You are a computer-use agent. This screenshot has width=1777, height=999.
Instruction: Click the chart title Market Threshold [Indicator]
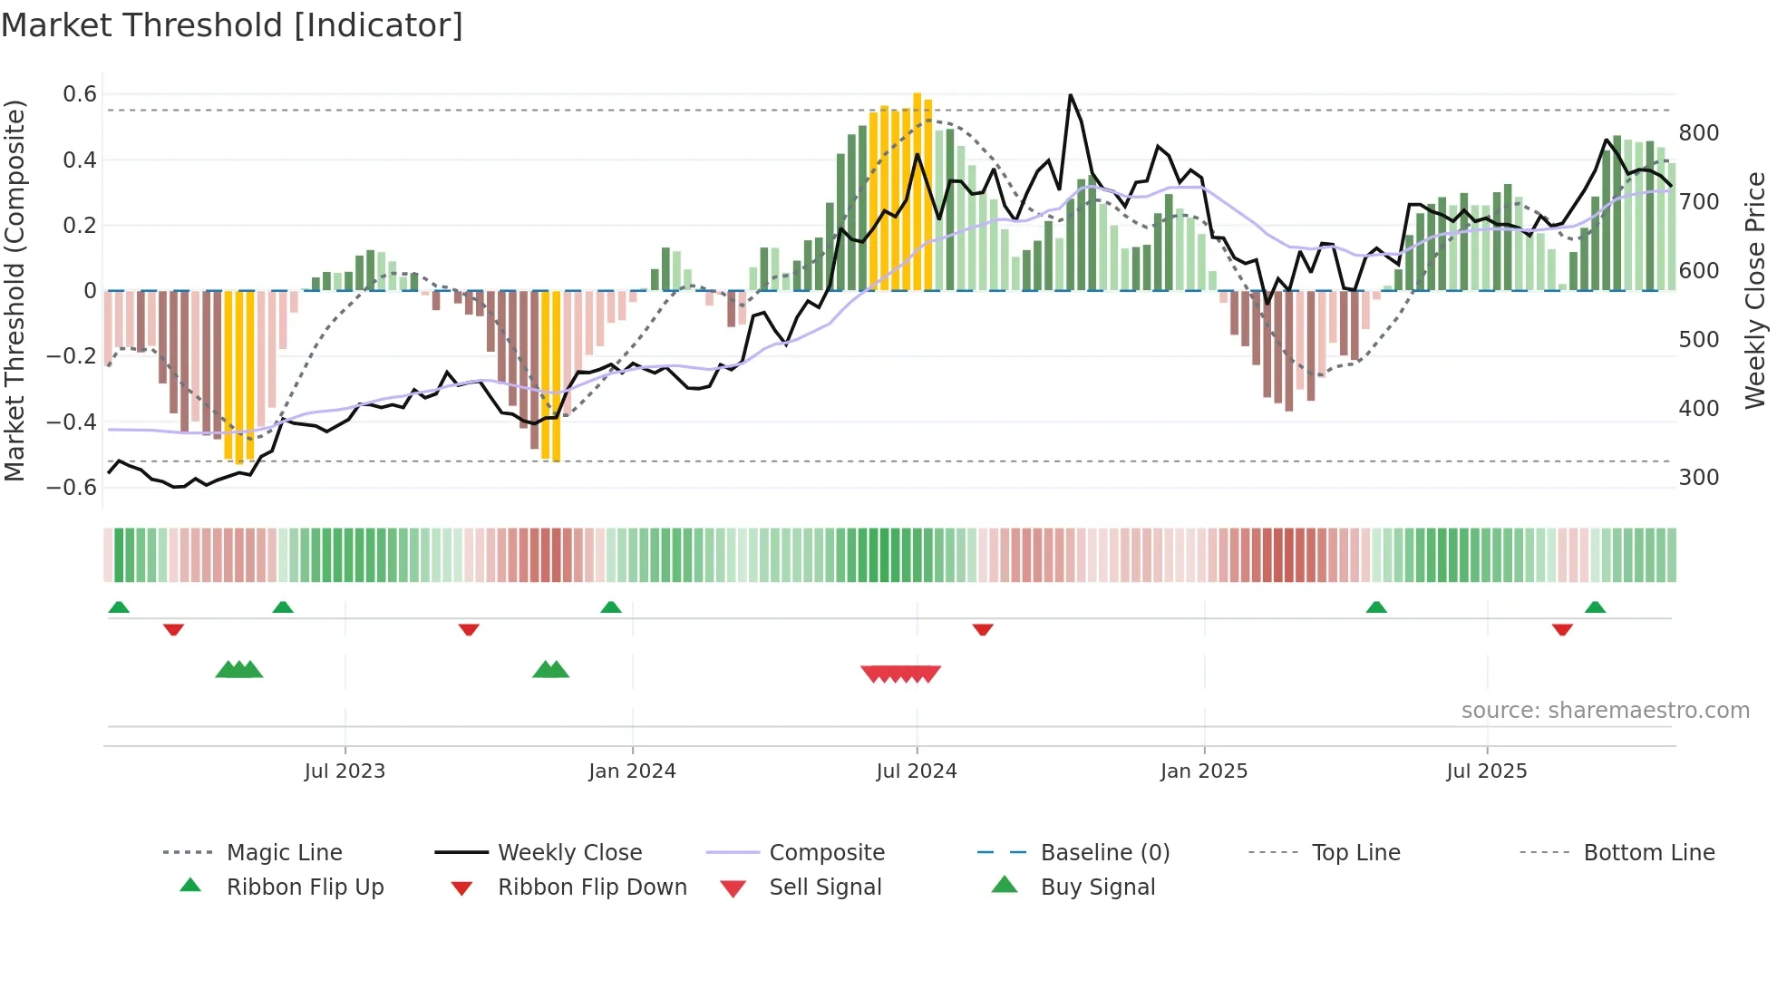[232, 25]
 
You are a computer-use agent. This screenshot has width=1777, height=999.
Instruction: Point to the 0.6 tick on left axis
[80, 94]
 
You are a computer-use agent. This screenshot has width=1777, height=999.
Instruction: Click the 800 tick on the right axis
[1699, 133]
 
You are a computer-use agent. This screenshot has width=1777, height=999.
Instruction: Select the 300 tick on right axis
[1699, 478]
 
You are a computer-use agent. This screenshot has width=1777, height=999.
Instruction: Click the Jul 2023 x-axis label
[345, 771]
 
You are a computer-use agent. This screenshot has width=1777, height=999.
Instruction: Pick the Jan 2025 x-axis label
[1204, 771]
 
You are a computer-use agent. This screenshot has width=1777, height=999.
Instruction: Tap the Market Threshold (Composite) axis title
[15, 290]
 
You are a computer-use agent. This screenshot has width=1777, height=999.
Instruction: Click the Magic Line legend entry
[284, 853]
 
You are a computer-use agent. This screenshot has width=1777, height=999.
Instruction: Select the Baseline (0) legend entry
[1104, 853]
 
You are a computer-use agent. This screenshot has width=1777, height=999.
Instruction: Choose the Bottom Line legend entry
[1648, 853]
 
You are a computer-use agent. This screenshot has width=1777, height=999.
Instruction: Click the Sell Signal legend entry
[824, 887]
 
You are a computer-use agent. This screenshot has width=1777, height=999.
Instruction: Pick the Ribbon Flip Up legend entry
[305, 887]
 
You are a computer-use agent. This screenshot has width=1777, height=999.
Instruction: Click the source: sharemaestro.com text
[1605, 711]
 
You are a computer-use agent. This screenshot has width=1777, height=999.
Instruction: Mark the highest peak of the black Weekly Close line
[1071, 95]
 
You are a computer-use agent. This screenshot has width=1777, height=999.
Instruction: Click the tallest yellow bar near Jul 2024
[918, 190]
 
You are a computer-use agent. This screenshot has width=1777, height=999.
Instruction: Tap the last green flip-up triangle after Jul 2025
[1595, 607]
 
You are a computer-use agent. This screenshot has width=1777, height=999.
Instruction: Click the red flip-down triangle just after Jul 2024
[983, 629]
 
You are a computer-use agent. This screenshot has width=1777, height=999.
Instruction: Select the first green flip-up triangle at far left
[119, 607]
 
